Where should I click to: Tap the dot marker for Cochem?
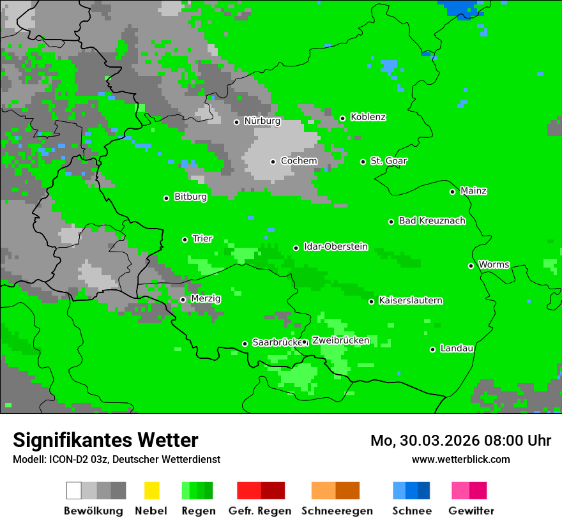tap(273, 162)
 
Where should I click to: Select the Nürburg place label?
tap(262, 121)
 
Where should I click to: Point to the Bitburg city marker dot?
tap(166, 198)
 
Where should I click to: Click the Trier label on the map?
tap(202, 239)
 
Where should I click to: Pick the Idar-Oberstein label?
tap(335, 247)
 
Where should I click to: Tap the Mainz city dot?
tap(452, 192)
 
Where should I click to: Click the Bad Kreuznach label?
tap(432, 221)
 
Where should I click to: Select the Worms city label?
tap(494, 265)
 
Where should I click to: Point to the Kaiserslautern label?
tap(410, 301)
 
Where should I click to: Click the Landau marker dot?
tap(432, 349)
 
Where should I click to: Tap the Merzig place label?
tap(206, 299)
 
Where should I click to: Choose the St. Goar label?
tap(388, 161)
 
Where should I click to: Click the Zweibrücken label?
tap(340, 341)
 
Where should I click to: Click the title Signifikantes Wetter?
tap(105, 440)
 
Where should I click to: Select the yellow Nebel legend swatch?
tap(151, 490)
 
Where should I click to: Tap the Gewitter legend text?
tap(471, 511)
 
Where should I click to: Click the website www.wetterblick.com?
tap(460, 460)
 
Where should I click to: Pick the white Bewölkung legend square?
tap(74, 490)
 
